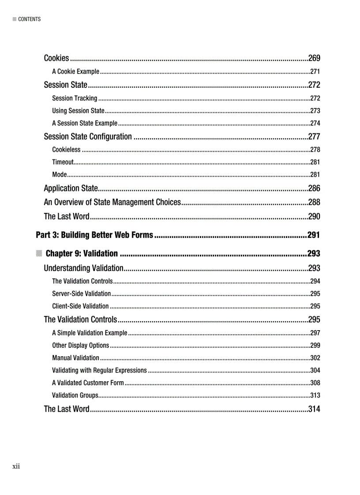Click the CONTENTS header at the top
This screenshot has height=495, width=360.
29,19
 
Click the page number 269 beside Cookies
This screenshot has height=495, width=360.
314,58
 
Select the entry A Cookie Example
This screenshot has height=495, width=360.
75,71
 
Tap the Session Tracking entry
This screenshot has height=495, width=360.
75,98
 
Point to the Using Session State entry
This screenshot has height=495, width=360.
78,111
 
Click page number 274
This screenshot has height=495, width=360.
315,123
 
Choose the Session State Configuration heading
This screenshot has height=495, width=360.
88,137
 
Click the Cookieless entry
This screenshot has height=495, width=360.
66,149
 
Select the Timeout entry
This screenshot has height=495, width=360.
63,162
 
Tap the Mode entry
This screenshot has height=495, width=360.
59,174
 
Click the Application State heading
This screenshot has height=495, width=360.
71,189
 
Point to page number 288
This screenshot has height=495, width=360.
314,202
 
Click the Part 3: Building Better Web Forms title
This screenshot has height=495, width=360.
94,235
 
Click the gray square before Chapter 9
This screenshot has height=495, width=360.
39,253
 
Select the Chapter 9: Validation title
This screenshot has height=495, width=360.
82,253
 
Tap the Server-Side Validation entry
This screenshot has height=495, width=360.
81,294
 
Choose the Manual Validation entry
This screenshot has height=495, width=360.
75,357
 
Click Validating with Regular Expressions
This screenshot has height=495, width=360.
99,370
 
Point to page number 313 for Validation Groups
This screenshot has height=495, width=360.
315,395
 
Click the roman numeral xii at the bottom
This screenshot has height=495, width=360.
16,466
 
